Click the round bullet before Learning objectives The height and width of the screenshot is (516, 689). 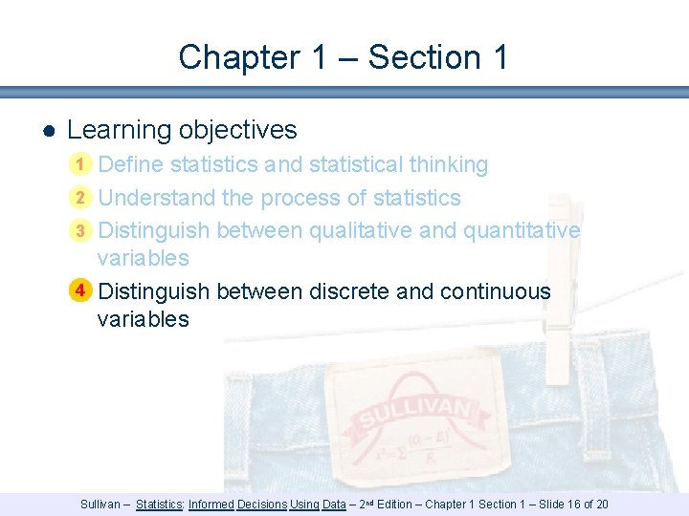click(x=47, y=131)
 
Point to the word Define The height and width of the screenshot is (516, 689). click(x=131, y=164)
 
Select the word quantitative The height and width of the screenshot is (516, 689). click(x=522, y=230)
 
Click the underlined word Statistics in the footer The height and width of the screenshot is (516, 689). click(x=160, y=505)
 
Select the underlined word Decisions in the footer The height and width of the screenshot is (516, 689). click(x=261, y=505)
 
